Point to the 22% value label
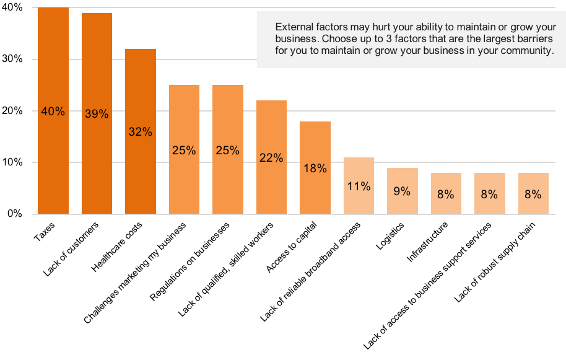click(271, 158)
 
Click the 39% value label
click(97, 114)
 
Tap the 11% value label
click(359, 186)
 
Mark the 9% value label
click(403, 191)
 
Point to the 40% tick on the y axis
click(12, 7)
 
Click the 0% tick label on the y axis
click(15, 214)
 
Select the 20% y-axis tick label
click(12, 111)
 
